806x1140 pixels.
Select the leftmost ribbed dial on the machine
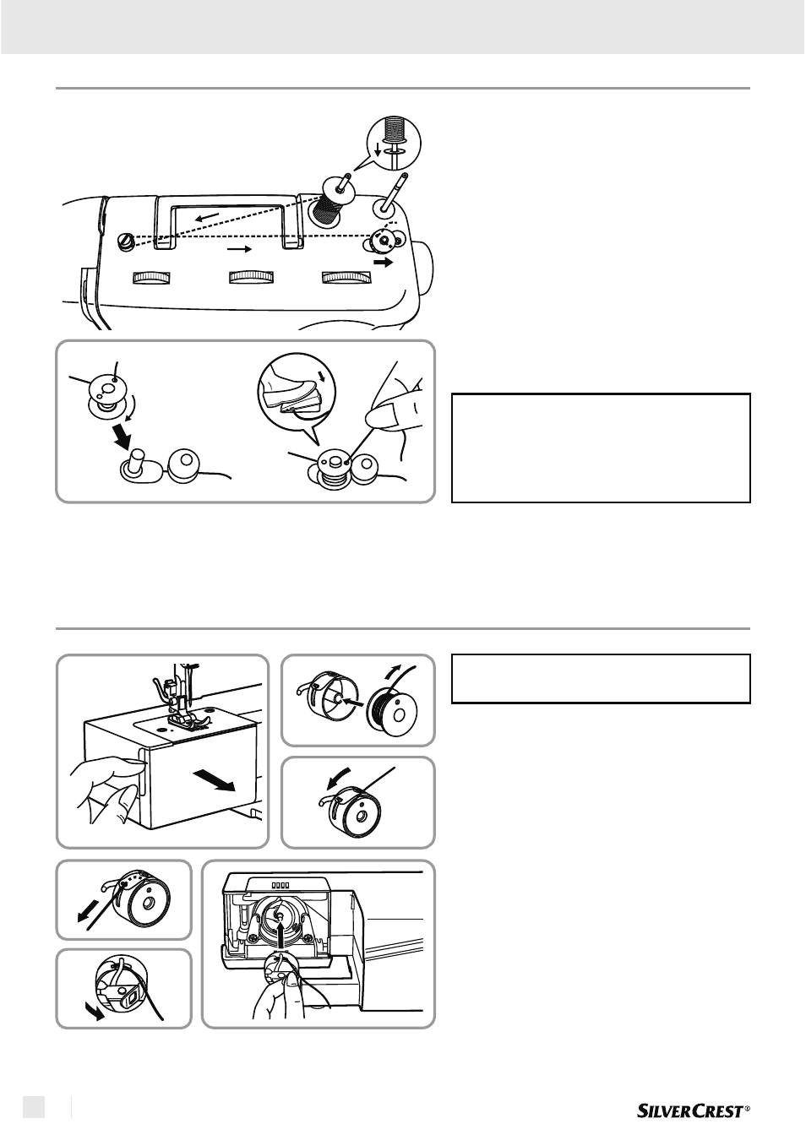pos(151,278)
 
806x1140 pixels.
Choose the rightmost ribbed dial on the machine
pos(346,278)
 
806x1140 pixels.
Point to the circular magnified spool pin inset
pos(395,143)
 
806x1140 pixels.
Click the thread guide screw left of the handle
pos(126,240)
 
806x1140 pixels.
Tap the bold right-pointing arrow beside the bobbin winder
pos(384,263)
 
